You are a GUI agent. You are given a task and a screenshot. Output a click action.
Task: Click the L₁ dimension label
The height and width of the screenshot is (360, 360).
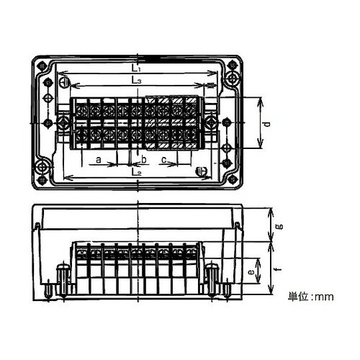coord(136,68)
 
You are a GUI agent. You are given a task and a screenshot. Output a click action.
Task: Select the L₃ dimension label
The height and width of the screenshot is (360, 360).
coord(136,81)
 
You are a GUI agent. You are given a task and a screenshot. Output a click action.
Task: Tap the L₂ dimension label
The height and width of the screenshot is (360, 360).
coord(136,172)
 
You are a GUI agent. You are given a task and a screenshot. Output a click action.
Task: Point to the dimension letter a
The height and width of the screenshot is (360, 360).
coord(99,160)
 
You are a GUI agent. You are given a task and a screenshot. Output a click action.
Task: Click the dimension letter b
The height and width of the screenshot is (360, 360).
coord(144,159)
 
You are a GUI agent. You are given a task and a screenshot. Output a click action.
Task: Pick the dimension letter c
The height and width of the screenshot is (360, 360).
coord(164,160)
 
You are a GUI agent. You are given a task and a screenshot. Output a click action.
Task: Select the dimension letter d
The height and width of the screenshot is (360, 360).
coord(266,124)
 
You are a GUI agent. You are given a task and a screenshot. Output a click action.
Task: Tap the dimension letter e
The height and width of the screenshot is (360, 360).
coord(251,272)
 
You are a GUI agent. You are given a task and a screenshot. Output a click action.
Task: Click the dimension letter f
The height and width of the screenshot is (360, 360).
coord(279,269)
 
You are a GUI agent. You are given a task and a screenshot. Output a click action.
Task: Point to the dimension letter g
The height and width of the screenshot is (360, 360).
coord(280,227)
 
